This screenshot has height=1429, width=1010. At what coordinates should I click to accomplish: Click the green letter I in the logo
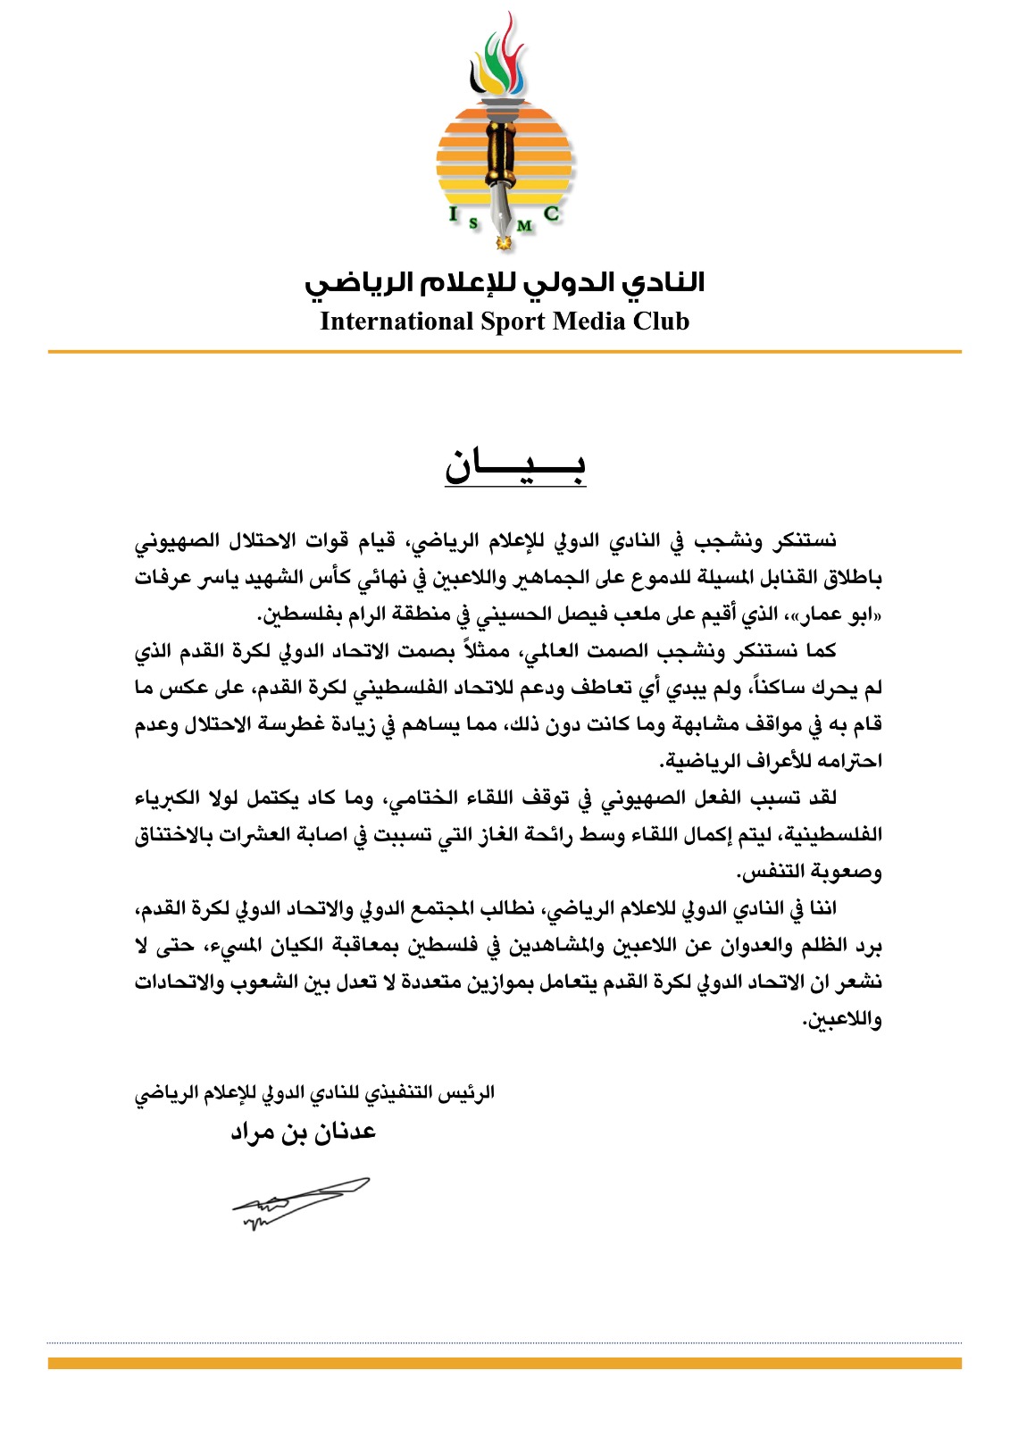[454, 213]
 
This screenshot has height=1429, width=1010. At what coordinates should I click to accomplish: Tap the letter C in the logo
[551, 213]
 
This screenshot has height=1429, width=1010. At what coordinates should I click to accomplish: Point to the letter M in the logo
[524, 226]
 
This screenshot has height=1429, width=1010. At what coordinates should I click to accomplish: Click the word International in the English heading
[396, 322]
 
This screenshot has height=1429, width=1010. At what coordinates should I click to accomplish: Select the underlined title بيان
[515, 466]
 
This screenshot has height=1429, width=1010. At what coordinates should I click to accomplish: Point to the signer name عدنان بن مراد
[303, 1132]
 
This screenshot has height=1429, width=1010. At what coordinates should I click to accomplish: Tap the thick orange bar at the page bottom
[505, 1363]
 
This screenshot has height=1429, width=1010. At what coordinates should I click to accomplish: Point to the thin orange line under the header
[505, 352]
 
